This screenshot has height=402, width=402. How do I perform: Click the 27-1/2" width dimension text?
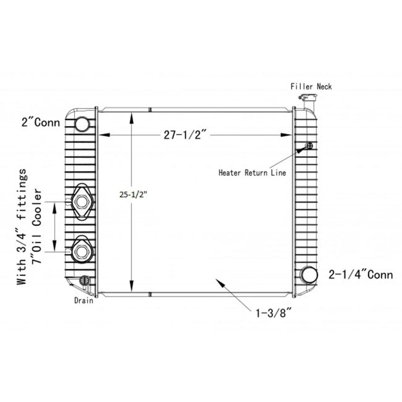185,135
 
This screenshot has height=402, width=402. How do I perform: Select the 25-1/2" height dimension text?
133,195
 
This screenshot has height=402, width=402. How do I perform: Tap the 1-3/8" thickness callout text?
274,313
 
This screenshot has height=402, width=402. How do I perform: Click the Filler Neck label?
311,86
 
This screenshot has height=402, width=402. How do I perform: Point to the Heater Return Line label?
252,172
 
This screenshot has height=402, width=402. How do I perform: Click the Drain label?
84,300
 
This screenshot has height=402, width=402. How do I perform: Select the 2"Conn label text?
41,122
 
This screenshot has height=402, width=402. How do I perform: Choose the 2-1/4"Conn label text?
361,275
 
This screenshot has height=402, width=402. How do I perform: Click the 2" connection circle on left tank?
82,124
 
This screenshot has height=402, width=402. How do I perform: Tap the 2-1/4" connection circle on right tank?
310,275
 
